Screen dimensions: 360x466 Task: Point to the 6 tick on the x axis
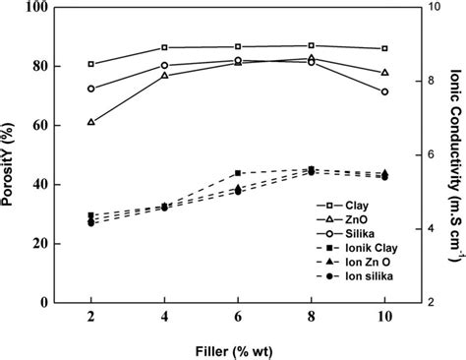238,318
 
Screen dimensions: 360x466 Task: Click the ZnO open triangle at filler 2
91,122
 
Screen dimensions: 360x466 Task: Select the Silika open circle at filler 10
384,91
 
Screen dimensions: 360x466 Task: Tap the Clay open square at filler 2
91,64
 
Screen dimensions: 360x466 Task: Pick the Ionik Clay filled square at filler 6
238,173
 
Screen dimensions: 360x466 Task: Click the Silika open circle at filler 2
91,89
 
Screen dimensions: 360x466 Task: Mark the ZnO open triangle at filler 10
384,72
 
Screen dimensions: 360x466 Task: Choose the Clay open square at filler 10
384,48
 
